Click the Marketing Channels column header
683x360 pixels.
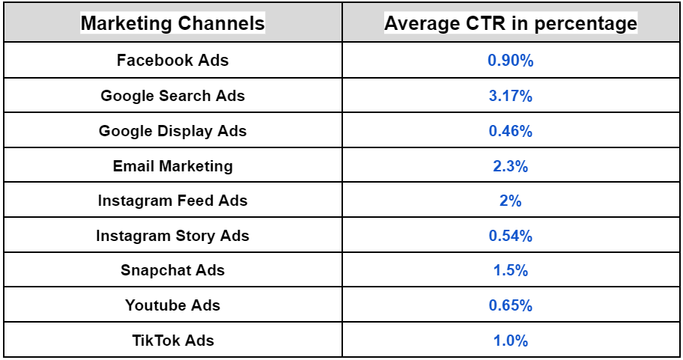[172, 23]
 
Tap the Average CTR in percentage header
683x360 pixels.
[511, 23]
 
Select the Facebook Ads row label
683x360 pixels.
[172, 61]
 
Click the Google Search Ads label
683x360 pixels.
[172, 96]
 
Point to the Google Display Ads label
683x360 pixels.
[172, 131]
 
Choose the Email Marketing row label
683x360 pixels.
[172, 166]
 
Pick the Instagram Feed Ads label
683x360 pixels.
[172, 201]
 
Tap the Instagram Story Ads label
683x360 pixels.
[172, 236]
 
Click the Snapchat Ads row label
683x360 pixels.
[172, 270]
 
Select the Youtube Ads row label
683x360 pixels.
[172, 305]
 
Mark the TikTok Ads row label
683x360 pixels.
[172, 341]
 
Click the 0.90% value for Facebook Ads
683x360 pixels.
[511, 61]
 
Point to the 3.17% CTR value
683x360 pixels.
[511, 96]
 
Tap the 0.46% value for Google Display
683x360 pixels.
[511, 131]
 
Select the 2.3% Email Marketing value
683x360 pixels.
[511, 166]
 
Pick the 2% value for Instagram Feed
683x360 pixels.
[511, 201]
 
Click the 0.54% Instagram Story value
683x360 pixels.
[511, 236]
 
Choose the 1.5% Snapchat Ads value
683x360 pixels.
[511, 270]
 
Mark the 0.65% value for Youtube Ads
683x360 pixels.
[511, 305]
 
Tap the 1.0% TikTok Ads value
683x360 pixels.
[511, 341]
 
